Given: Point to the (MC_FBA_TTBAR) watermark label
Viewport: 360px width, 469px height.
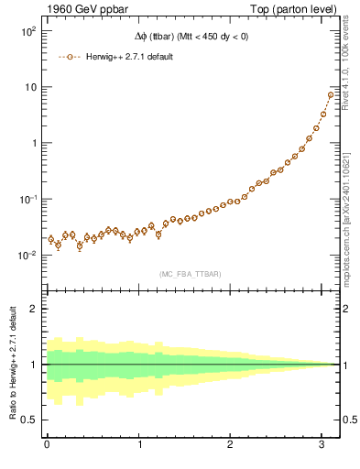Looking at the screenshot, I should coord(190,274).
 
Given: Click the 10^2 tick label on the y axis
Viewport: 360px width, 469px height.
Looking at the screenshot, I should coord(27,31).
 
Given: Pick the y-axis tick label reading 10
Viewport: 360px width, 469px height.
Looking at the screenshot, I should coord(29,87).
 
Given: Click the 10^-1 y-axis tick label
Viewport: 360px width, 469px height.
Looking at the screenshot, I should coord(27,199).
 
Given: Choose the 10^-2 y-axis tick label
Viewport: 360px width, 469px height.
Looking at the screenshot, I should coord(27,255).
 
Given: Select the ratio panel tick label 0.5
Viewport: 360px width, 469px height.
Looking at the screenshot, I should coord(29,420).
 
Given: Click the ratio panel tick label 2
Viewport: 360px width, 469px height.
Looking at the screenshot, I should coord(34,308).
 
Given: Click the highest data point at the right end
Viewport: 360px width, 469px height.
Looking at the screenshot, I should coord(331,95).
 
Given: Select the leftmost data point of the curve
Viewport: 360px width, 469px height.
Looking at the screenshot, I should coord(51,239).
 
